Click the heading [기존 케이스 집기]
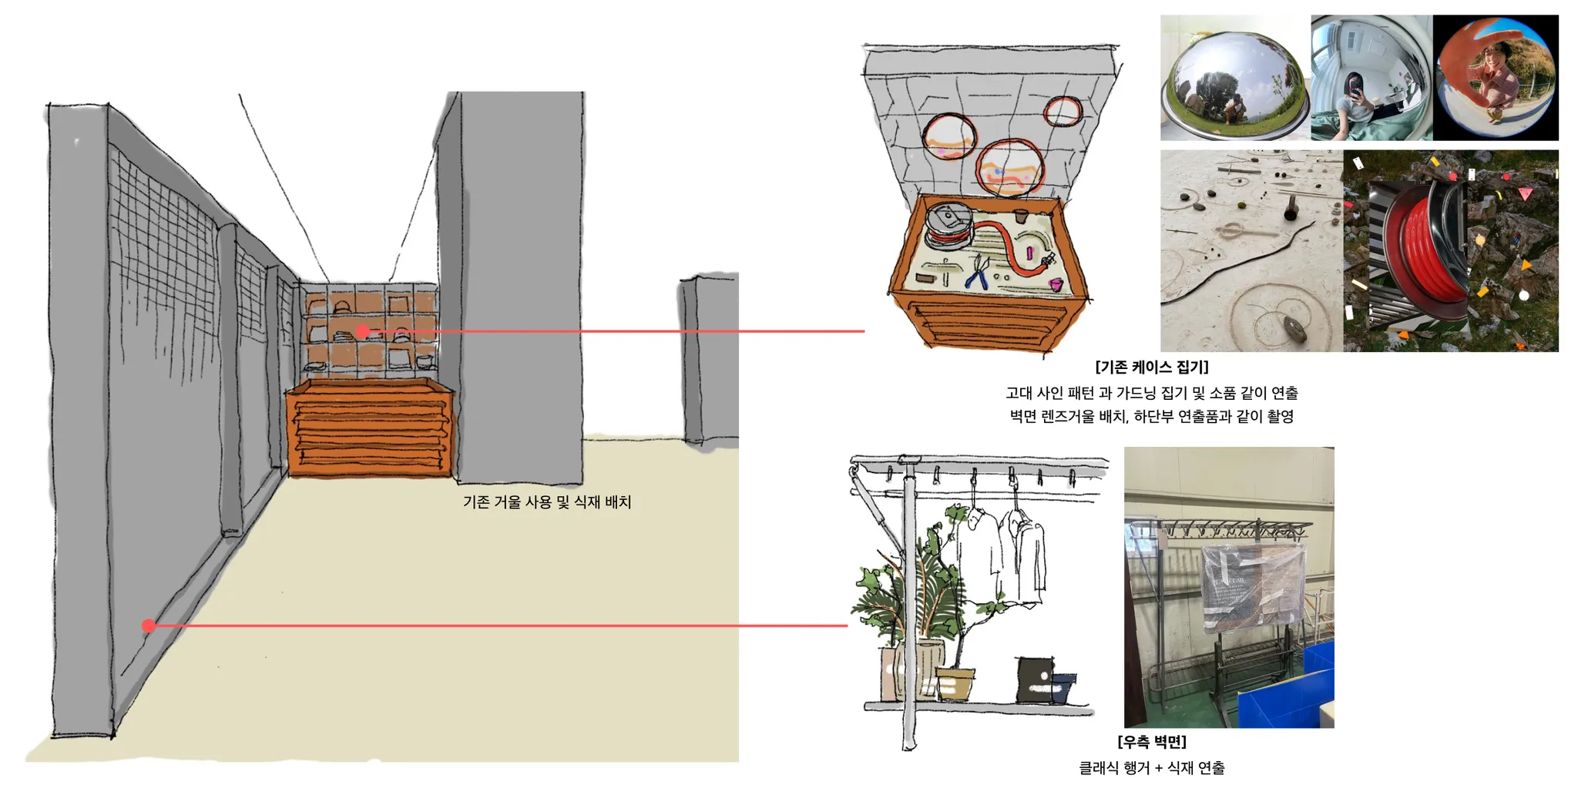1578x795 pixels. pos(1151,367)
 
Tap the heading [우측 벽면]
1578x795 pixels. pos(1151,742)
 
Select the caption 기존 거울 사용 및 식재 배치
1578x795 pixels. pos(547,502)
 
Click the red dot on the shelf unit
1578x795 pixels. pos(362,332)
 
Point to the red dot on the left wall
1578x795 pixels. pos(149,626)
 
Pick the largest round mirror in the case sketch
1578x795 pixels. pos(1009,169)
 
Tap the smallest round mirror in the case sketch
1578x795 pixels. pos(1063,112)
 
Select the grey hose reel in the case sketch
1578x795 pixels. pos(948,224)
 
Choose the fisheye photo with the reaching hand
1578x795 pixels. pos(1495,77)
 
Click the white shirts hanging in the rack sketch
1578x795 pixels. pos(1002,555)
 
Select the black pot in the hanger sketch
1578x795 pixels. pos(1035,679)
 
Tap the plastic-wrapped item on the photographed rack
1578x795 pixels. pos(1253,585)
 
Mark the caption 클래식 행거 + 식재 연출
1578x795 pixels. pos(1151,768)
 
